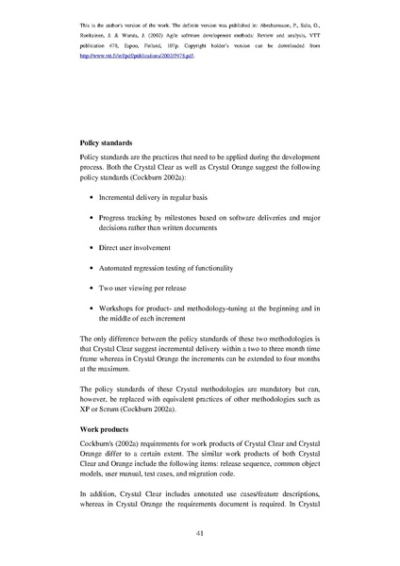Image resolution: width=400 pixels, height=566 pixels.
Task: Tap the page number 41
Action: [x=200, y=534]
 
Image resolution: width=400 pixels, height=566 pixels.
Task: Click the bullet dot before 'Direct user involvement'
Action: [x=91, y=248]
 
